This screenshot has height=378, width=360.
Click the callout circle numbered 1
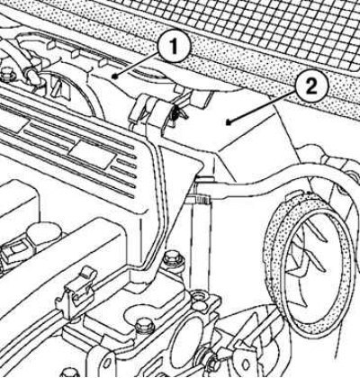point(175,47)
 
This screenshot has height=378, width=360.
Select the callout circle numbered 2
point(311,87)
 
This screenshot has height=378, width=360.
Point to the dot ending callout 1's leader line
point(114,76)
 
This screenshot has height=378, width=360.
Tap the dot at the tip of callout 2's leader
point(229,122)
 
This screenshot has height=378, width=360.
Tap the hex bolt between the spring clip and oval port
point(145,326)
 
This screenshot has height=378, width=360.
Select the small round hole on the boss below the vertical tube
point(198,297)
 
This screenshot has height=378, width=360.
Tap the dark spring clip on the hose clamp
point(176,114)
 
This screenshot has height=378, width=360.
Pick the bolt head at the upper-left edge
point(6,73)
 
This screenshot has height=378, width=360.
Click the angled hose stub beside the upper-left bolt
point(33,75)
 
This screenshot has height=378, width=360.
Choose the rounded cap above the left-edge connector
point(42,235)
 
